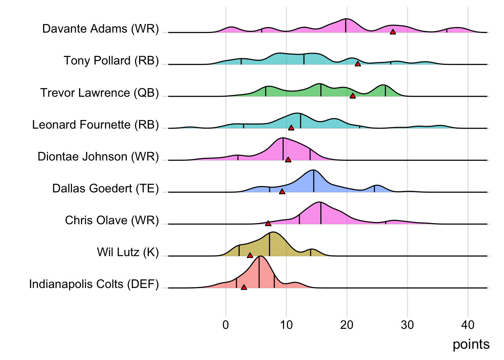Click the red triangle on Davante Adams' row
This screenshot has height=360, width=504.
tap(393, 32)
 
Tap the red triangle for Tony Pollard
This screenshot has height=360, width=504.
tap(358, 64)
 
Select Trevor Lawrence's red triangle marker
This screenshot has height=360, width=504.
tap(352, 96)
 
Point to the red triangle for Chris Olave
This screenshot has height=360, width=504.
tap(268, 223)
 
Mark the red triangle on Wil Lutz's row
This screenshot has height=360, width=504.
tap(250, 255)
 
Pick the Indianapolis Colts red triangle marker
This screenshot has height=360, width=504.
tap(244, 287)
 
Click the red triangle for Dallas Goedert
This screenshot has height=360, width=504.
tap(282, 192)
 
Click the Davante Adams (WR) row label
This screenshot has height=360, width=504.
tap(100, 29)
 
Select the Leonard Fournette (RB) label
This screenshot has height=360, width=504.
tap(95, 124)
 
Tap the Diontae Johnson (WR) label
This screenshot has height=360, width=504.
tap(98, 156)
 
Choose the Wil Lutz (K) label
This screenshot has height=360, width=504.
tap(128, 252)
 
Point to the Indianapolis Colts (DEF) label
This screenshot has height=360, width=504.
tap(94, 284)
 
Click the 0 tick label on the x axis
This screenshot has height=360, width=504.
tap(226, 325)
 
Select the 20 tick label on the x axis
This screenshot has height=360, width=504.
tap(346, 325)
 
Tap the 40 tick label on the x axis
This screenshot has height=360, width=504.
tap(468, 325)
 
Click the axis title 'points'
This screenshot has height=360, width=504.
tap(471, 344)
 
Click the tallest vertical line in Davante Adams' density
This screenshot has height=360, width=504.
tap(346, 25)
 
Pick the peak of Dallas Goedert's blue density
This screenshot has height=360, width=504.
tap(313, 171)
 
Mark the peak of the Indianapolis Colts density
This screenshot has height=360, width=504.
tap(259, 257)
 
